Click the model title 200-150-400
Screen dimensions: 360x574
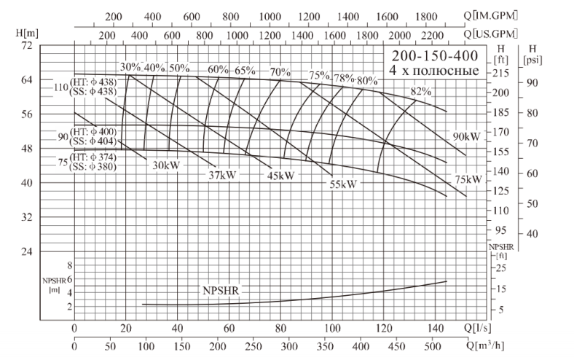[435, 57]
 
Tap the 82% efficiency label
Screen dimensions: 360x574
[420, 91]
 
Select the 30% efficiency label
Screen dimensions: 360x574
[130, 68]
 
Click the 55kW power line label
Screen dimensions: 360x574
[343, 184]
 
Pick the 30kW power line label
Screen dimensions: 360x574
[166, 165]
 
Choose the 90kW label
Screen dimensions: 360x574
[466, 136]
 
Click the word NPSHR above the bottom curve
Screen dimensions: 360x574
[221, 290]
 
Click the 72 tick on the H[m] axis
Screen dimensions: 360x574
[26, 45]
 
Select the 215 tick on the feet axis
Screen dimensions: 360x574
[500, 74]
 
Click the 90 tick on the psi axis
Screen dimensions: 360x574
[532, 82]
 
